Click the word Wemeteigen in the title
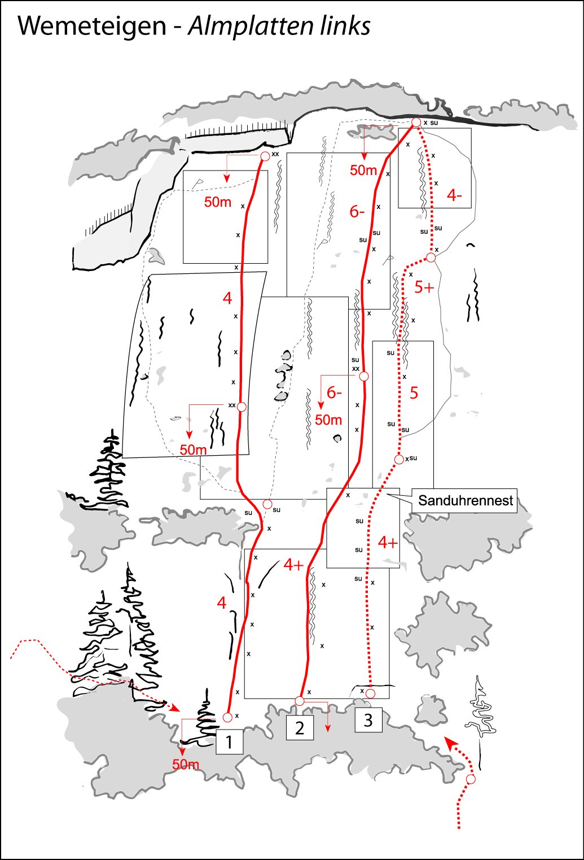pyautogui.click(x=92, y=26)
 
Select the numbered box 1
pyautogui.click(x=229, y=742)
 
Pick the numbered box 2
pyautogui.click(x=300, y=728)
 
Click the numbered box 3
pyautogui.click(x=368, y=721)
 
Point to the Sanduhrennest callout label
pyautogui.click(x=465, y=501)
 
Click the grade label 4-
pyautogui.click(x=454, y=196)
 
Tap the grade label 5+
pyautogui.click(x=424, y=287)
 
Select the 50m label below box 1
pyautogui.click(x=186, y=764)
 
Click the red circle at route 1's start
pyautogui.click(x=227, y=717)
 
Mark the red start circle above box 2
pyautogui.click(x=300, y=701)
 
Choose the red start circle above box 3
pyautogui.click(x=370, y=693)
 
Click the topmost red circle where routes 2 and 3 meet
pyautogui.click(x=416, y=123)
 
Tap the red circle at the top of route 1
pyautogui.click(x=265, y=156)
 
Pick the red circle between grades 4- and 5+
pyautogui.click(x=431, y=257)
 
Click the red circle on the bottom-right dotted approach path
pyautogui.click(x=471, y=779)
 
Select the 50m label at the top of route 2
pyautogui.click(x=363, y=170)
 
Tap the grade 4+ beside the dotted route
pyautogui.click(x=388, y=543)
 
